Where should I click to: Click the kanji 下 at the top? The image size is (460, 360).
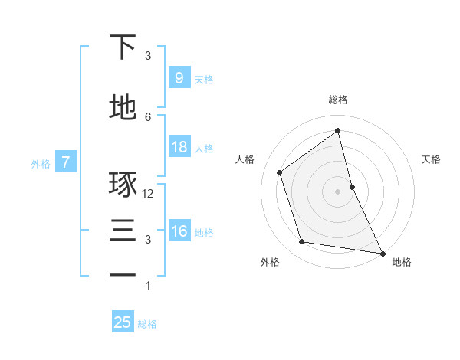123,47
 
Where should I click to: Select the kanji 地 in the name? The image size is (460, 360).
123,106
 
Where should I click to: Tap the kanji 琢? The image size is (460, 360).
123,185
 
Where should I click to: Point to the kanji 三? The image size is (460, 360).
123,230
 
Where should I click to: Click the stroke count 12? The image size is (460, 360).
149,194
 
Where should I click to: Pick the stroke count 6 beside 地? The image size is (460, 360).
148,116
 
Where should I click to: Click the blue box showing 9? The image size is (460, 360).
179,78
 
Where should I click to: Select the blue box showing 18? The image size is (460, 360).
179,148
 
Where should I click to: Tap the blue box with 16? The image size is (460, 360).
179,232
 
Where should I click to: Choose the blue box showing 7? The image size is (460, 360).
67,162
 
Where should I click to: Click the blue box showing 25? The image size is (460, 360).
123,322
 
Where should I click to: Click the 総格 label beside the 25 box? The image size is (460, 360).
147,324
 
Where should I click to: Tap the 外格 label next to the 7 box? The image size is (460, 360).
41,163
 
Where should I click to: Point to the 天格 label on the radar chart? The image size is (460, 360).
432,159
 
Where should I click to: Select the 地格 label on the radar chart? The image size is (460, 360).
402,262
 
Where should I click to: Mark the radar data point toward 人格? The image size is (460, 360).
280,172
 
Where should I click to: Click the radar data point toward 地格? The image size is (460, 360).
382,253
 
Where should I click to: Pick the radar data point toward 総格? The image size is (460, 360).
337,130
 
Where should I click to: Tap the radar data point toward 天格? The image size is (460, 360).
352,187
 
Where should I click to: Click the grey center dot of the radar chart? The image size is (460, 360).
337,191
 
